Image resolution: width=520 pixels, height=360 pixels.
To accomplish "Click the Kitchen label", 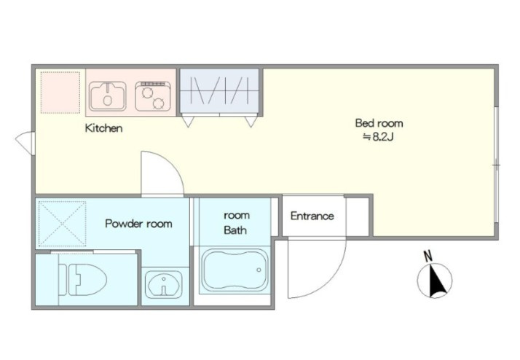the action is click(104, 128).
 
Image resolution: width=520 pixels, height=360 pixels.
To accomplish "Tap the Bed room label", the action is click(379, 123).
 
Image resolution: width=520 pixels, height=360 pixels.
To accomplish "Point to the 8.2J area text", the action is click(379, 137).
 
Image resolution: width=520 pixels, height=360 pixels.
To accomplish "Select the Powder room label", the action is click(138, 223).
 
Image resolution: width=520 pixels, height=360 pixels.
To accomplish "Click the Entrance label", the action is click(312, 216).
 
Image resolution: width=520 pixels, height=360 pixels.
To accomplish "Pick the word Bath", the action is click(235, 230).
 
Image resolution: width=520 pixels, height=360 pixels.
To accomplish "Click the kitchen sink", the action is click(108, 96).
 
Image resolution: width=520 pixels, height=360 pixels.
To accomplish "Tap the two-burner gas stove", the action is click(153, 96).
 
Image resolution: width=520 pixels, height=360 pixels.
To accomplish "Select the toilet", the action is click(82, 280).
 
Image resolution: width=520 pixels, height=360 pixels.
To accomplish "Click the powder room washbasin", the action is click(165, 284).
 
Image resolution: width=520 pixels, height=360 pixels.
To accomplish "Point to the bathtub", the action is click(235, 270).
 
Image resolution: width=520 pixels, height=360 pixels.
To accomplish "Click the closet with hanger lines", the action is click(219, 91).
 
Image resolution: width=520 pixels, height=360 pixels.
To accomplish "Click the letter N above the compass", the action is click(428, 256).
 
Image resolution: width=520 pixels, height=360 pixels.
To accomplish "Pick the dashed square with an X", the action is click(63, 224).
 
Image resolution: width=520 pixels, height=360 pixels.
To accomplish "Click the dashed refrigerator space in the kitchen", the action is click(60, 93).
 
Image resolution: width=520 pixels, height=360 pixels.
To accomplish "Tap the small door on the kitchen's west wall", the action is click(25, 144).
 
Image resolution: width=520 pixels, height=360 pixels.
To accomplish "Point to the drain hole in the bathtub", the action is click(259, 270).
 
